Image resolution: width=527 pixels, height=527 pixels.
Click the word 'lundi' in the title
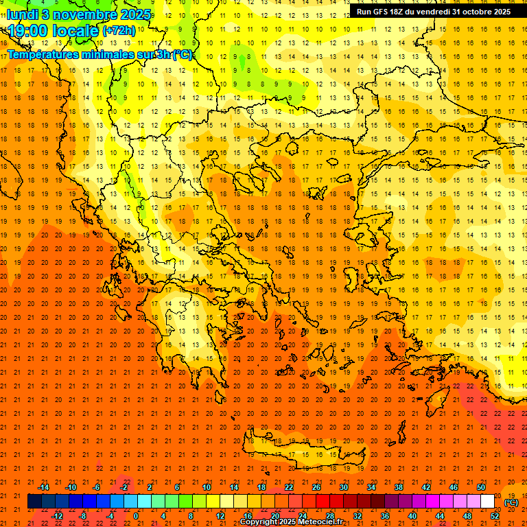[x=22, y=14]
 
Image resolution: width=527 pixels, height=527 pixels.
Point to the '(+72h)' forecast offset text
[x=118, y=32]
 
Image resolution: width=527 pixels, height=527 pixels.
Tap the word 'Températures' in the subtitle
[x=41, y=54]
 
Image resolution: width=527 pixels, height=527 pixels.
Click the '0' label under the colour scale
[x=136, y=515]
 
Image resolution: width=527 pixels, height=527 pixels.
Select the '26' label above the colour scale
[x=316, y=487]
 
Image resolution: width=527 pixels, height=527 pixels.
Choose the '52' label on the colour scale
[x=495, y=515]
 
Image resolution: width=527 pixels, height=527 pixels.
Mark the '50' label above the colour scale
[x=481, y=487]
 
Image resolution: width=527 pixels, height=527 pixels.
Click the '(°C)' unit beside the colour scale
[x=511, y=502]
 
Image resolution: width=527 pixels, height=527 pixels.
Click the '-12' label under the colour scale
[x=58, y=515]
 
